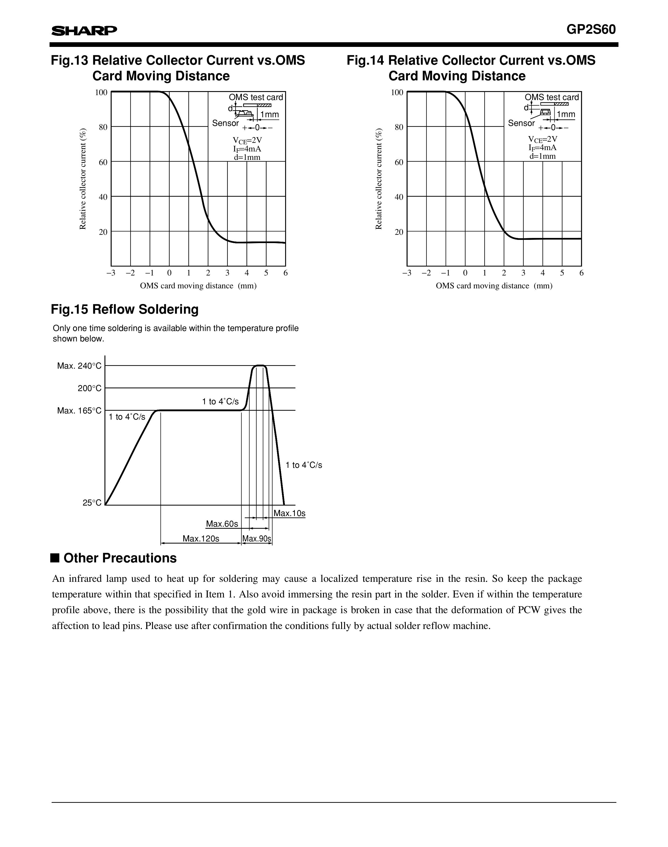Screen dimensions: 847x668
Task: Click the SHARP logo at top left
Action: [x=84, y=31]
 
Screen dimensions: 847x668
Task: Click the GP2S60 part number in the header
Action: [x=591, y=30]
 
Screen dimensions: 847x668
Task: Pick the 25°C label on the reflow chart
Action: [x=92, y=503]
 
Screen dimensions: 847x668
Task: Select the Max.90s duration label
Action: [x=257, y=539]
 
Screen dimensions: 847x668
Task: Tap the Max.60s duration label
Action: [x=222, y=524]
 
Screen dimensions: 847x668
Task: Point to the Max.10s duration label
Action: [x=289, y=513]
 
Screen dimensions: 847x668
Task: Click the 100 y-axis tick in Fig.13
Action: [x=101, y=92]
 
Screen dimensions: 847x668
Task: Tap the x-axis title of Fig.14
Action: [x=494, y=286]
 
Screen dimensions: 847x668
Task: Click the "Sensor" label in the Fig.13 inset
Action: [x=225, y=123]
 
